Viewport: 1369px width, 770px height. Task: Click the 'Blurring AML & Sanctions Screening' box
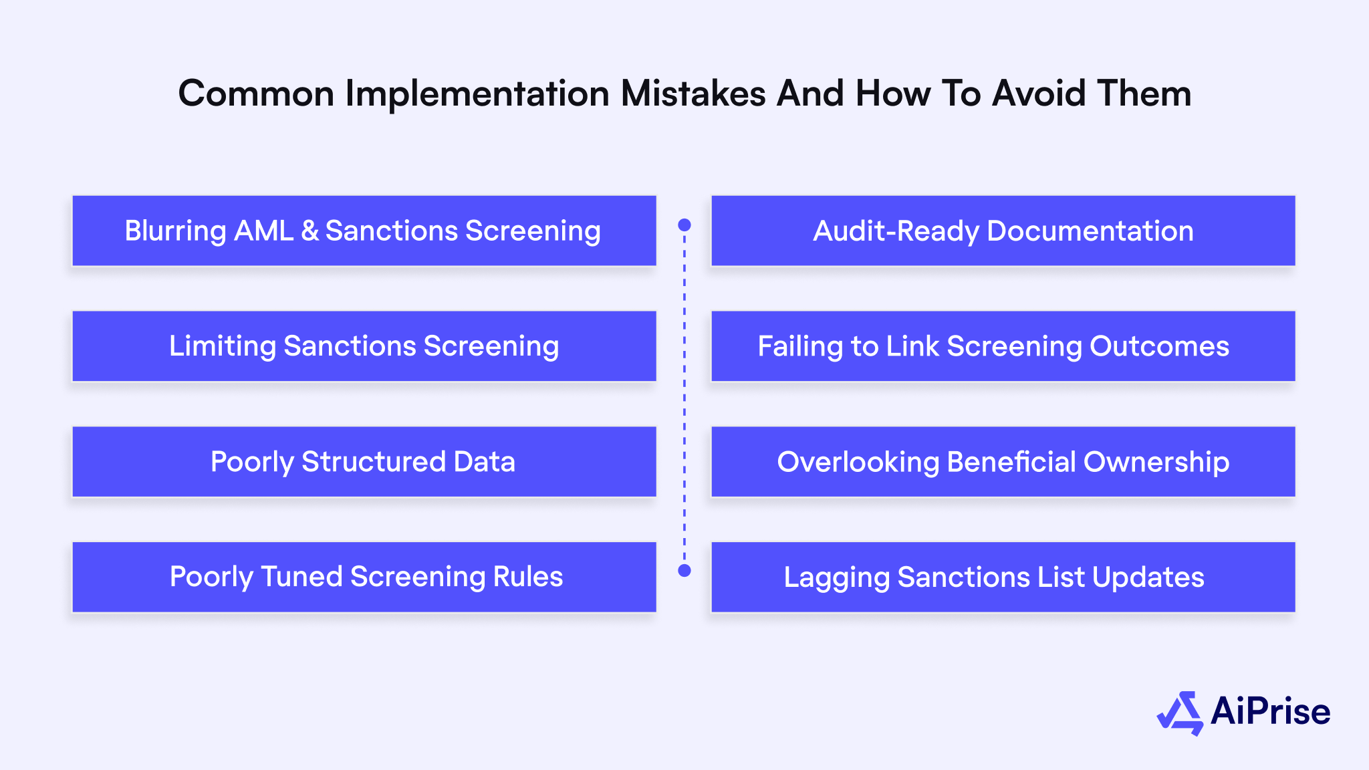(364, 231)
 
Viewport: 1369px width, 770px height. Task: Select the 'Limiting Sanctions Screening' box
(364, 346)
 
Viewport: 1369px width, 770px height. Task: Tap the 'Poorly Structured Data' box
(364, 462)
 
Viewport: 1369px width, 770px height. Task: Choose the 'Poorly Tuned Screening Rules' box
(364, 577)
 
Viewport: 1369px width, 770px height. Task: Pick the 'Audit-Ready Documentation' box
(1003, 231)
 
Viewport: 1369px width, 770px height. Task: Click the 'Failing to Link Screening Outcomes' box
(1003, 346)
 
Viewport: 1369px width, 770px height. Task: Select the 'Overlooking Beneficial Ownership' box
(1003, 462)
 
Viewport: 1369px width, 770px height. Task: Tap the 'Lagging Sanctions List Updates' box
(1003, 577)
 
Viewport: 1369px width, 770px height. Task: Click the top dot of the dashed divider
(684, 225)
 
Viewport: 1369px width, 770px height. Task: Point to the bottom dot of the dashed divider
(684, 570)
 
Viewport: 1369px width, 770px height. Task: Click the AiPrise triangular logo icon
(1180, 713)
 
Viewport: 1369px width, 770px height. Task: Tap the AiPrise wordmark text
(1270, 711)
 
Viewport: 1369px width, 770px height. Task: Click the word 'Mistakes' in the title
(693, 93)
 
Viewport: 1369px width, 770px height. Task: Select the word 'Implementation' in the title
(477, 93)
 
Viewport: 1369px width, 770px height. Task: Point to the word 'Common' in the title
(256, 93)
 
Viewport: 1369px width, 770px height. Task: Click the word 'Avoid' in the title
(1038, 93)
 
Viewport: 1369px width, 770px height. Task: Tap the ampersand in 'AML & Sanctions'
(310, 231)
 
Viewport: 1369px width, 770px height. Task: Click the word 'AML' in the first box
(264, 231)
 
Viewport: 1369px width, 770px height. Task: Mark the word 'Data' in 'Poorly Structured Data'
(485, 462)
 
